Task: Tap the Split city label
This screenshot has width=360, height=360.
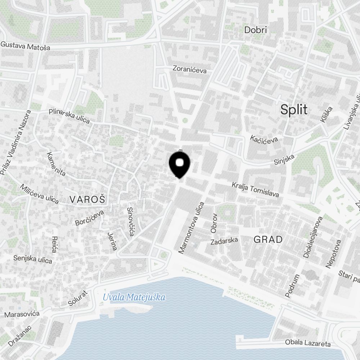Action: point(294,109)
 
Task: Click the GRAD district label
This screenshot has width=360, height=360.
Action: point(268,239)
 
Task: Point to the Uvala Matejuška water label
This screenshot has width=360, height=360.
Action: point(134,297)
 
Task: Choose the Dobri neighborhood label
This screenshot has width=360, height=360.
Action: point(256,30)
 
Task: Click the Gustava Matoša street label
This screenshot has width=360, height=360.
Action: point(30,46)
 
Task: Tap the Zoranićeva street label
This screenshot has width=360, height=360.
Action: point(190,69)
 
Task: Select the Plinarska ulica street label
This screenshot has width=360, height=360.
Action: point(69,116)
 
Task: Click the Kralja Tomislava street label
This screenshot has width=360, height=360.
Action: point(255,189)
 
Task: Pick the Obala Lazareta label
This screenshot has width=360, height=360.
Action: point(307,343)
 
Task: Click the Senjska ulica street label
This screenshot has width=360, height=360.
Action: point(33,259)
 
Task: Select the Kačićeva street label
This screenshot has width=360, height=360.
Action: point(265,139)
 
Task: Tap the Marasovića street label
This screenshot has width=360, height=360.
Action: point(22,314)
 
